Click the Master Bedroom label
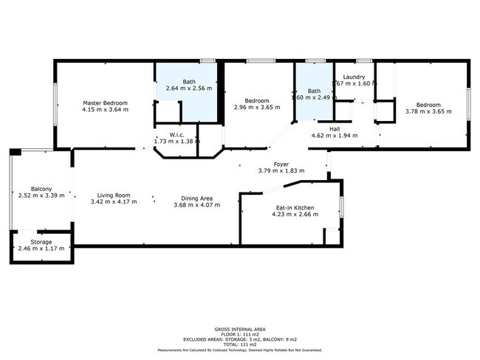[106, 103]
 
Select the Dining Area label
[197, 198]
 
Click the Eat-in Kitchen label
[294, 208]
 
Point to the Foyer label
[281, 164]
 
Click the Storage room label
[41, 242]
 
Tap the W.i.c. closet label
[176, 134]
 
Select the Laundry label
[356, 77]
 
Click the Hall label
[334, 128]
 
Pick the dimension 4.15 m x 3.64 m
[106, 110]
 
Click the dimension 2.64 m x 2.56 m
[188, 88]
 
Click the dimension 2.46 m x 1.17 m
[41, 249]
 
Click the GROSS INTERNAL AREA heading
[240, 328]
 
